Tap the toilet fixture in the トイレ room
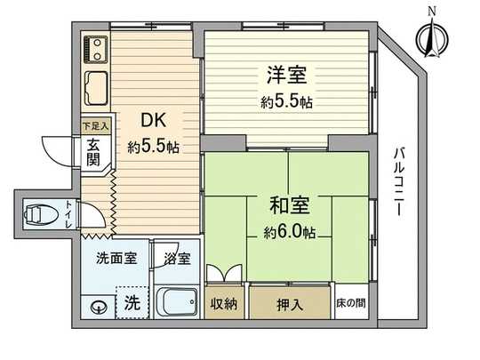(36, 215)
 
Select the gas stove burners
(95, 48)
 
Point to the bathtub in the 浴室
(177, 302)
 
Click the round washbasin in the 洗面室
(99, 308)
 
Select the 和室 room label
(287, 206)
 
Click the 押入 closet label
(288, 304)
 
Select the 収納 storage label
(223, 304)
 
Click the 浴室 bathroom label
(177, 260)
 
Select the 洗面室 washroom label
(116, 260)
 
